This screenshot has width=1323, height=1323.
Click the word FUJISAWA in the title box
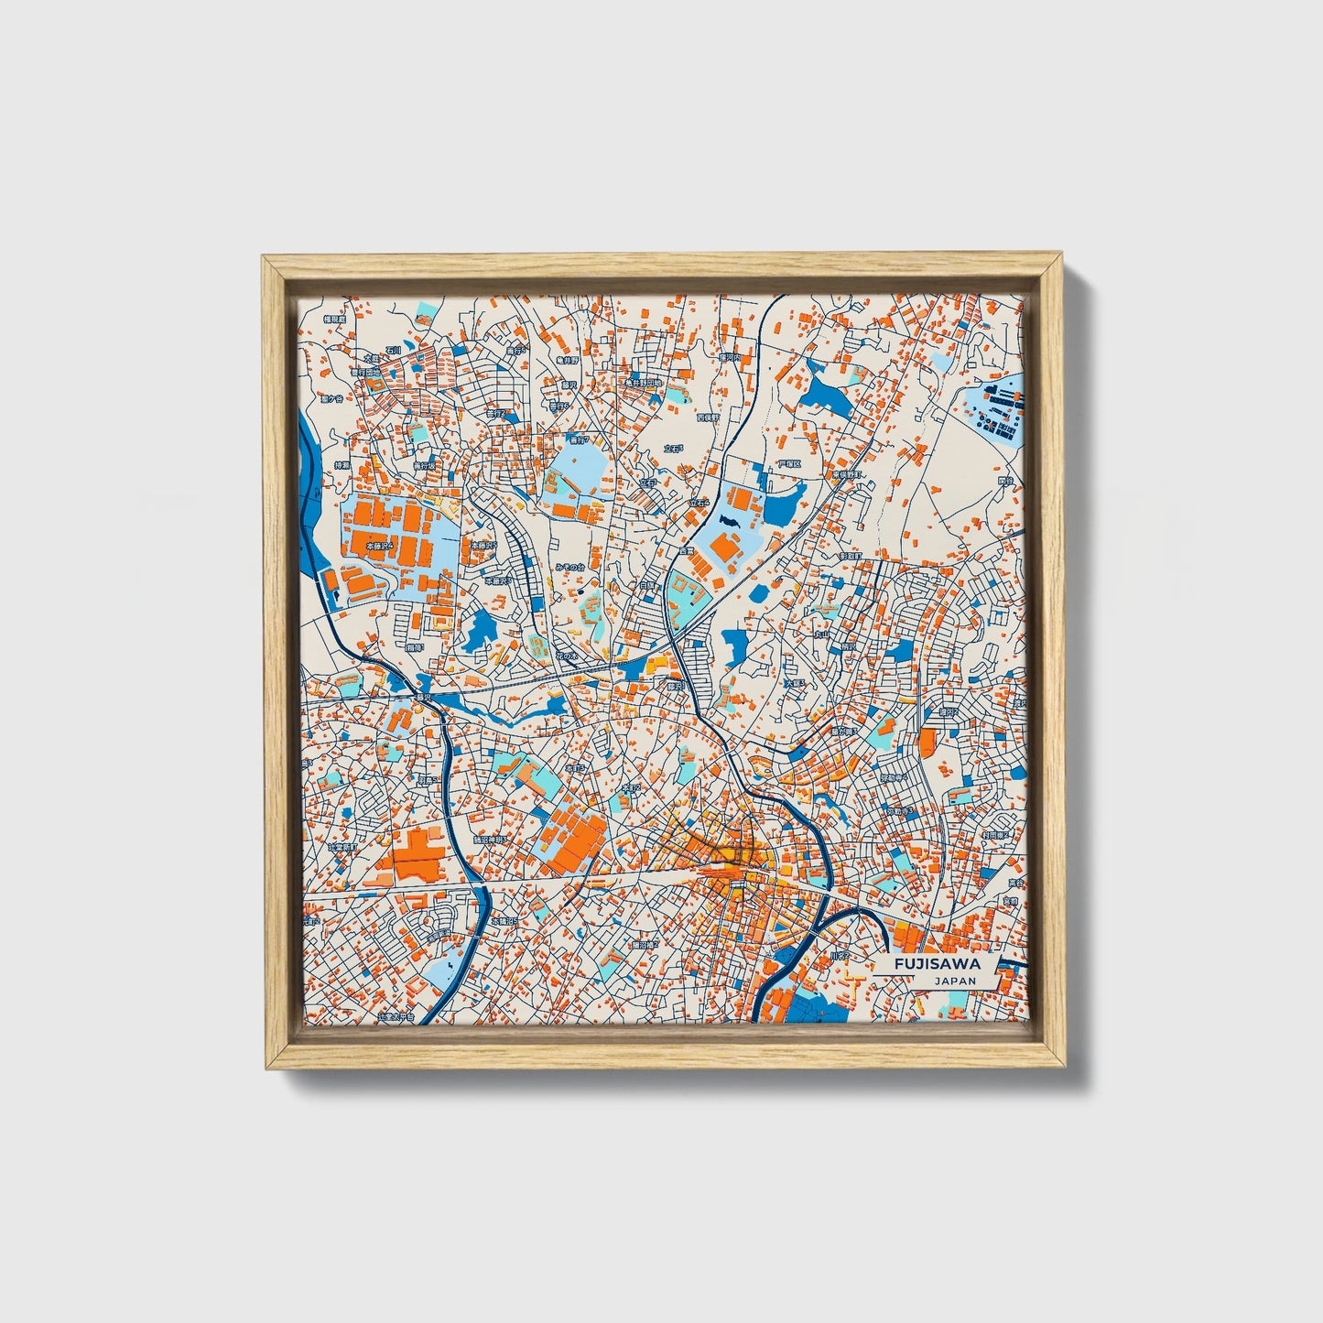pyautogui.click(x=938, y=964)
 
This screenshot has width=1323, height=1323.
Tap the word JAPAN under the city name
pyautogui.click(x=955, y=981)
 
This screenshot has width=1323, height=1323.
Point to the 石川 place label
pyautogui.click(x=393, y=350)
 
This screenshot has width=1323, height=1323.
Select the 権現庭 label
pyautogui.click(x=336, y=320)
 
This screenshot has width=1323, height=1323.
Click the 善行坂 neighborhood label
pyautogui.click(x=425, y=466)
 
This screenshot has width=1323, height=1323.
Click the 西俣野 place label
pyautogui.click(x=708, y=418)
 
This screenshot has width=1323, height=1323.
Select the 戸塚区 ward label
pyautogui.click(x=789, y=464)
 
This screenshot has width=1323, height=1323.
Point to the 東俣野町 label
pyautogui.click(x=848, y=475)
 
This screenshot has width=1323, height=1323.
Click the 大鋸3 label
pyautogui.click(x=794, y=683)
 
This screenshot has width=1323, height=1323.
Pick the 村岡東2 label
pyautogui.click(x=994, y=835)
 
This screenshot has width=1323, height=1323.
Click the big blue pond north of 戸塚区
pyautogui.click(x=827, y=395)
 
